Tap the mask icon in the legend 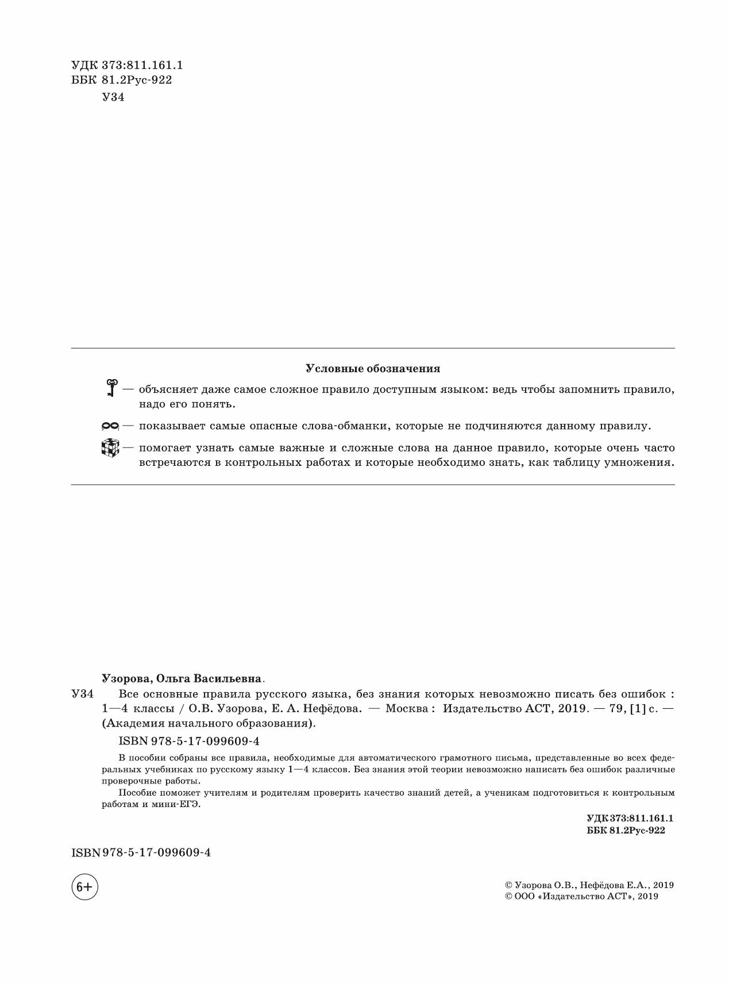point(110,426)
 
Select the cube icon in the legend point(109,448)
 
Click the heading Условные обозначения point(373,369)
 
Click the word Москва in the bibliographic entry point(406,708)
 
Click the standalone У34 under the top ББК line point(113,97)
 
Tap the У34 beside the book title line point(82,693)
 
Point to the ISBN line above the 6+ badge point(141,852)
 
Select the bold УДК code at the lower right point(630,817)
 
